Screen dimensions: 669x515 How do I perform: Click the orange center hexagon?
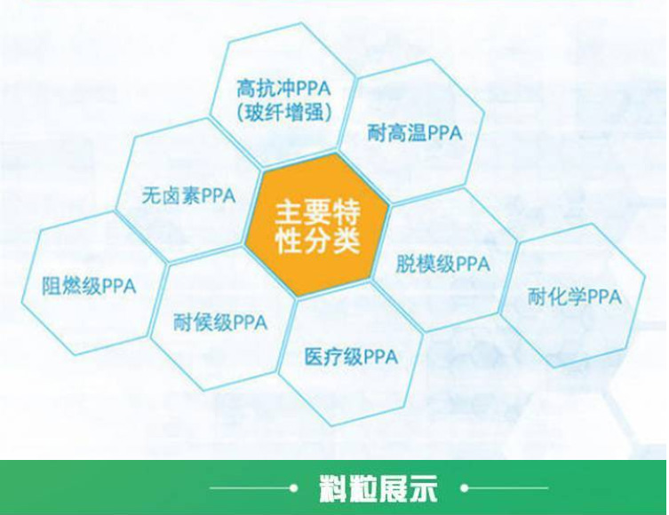(x=317, y=226)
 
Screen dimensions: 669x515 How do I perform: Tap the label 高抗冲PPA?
(x=283, y=89)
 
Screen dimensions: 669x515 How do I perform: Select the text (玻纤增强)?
(x=283, y=113)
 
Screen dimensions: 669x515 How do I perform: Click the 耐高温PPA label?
(x=415, y=132)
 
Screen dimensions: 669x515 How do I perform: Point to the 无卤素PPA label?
(x=188, y=195)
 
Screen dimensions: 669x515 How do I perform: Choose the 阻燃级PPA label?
(x=89, y=286)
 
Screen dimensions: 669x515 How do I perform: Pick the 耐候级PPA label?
(x=220, y=321)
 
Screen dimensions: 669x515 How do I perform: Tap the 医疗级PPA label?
(x=351, y=356)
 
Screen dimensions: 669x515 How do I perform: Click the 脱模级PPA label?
(x=442, y=264)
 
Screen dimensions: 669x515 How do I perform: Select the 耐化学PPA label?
(x=575, y=297)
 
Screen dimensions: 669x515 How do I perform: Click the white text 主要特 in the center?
(x=317, y=212)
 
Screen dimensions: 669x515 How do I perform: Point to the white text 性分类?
(x=317, y=241)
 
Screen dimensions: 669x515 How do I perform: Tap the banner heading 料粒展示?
(x=378, y=488)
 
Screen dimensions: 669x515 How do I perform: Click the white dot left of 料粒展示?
(x=293, y=488)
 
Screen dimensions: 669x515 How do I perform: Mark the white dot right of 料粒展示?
(x=465, y=487)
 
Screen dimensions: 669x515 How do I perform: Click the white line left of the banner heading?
(x=250, y=488)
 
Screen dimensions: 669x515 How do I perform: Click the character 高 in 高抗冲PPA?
(x=247, y=89)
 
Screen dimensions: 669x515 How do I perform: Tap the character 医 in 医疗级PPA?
(x=314, y=356)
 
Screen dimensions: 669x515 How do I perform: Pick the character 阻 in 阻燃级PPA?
(x=52, y=286)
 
